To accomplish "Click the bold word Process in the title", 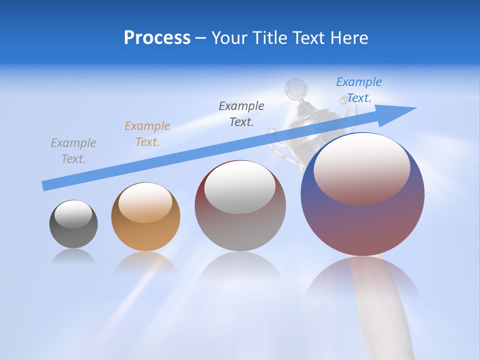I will pos(157,38).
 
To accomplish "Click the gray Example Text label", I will pos(73,150).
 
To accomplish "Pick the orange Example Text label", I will pos(147,133).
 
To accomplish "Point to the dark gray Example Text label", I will pos(241,113).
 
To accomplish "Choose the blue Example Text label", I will pos(359,89).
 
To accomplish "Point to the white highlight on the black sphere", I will pos(73,214).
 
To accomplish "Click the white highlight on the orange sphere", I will pos(145,202).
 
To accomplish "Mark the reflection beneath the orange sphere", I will pos(145,262).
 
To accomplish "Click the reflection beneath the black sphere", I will pos(73,257).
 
